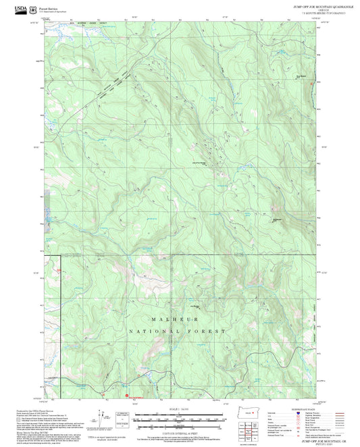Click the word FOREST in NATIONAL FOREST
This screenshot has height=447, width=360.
tap(206, 332)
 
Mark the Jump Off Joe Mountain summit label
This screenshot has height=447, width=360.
tap(194, 163)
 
